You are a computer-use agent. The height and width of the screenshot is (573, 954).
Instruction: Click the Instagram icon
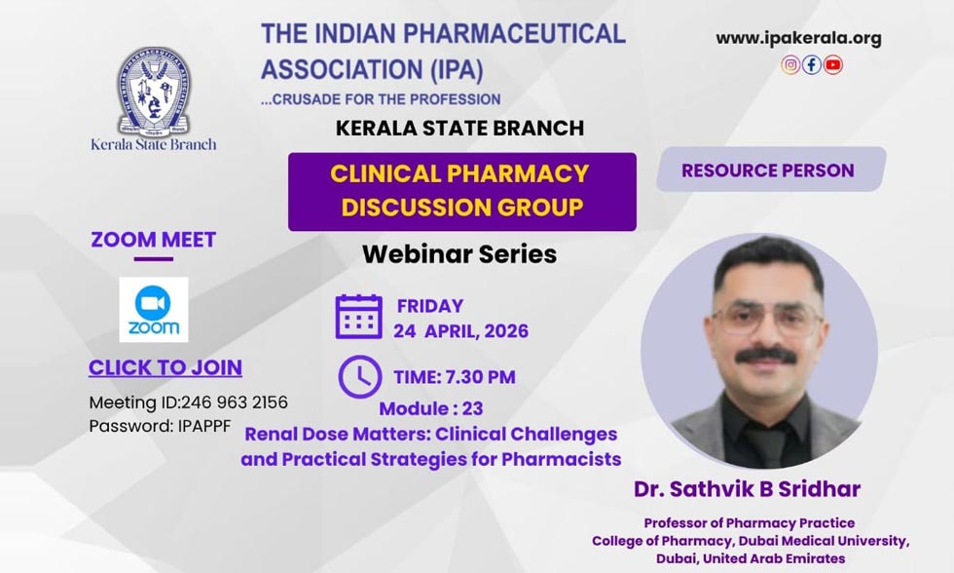click(x=790, y=65)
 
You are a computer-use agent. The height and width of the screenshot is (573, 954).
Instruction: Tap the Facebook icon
click(x=812, y=65)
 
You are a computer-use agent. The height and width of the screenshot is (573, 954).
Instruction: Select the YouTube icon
click(x=833, y=65)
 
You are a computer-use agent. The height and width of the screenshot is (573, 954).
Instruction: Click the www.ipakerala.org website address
click(x=798, y=39)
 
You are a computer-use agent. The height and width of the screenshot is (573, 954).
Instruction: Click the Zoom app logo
click(x=153, y=310)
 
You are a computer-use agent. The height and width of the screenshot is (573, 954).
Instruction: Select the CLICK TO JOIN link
click(x=165, y=367)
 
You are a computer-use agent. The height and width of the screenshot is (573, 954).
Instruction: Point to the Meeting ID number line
click(x=188, y=402)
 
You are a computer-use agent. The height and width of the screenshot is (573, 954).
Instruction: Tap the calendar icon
click(x=359, y=316)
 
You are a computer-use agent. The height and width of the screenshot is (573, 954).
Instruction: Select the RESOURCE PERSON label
click(x=767, y=171)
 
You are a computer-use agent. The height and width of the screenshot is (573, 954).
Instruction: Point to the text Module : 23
click(x=430, y=408)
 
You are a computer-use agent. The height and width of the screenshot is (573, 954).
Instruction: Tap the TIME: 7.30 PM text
click(x=455, y=377)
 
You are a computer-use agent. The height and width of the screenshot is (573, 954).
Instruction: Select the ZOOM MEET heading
click(x=154, y=240)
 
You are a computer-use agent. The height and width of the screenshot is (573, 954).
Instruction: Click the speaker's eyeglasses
click(x=765, y=318)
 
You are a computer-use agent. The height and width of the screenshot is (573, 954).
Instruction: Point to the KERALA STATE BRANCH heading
click(x=459, y=128)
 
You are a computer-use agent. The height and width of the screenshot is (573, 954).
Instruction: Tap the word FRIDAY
click(x=430, y=306)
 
